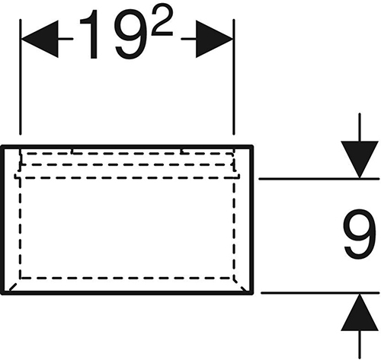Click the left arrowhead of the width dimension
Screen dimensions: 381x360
(40, 39)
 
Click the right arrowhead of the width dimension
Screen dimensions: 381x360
(214, 39)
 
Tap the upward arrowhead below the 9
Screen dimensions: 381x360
(360, 313)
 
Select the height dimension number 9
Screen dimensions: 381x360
(360, 234)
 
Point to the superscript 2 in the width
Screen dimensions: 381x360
(162, 21)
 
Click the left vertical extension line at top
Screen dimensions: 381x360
(21, 77)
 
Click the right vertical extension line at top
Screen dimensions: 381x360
(234, 77)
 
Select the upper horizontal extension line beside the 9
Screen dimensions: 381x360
(319, 179)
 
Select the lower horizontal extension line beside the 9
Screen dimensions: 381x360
(320, 293)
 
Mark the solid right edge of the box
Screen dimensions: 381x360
(251, 220)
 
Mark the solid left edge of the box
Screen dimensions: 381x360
(2, 220)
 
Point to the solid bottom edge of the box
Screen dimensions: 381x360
(127, 293)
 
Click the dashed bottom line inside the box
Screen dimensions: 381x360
(127, 278)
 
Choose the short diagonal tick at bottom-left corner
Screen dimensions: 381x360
(13, 287)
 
